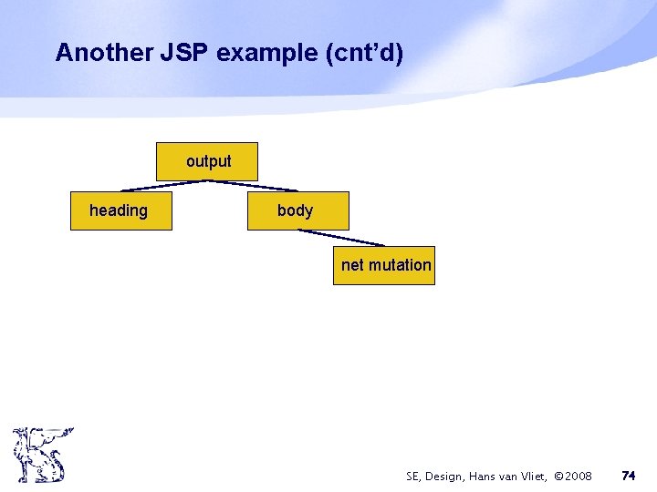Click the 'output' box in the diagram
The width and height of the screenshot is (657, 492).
(207, 161)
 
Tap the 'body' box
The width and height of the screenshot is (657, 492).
(297, 210)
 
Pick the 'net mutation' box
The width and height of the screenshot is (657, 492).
(383, 265)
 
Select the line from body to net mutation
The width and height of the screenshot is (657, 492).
(341, 237)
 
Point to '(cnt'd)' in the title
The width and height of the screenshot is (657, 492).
(362, 53)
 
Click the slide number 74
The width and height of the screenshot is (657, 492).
(629, 476)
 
